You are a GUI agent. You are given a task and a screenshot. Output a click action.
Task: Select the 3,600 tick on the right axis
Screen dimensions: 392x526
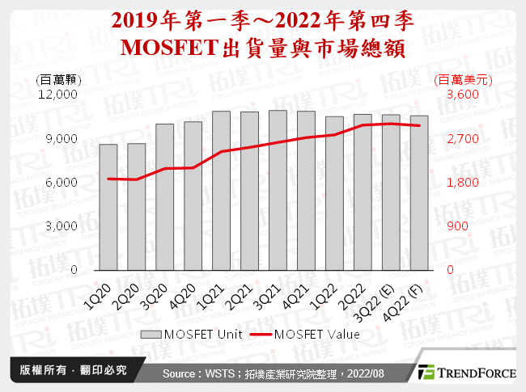tap(451, 95)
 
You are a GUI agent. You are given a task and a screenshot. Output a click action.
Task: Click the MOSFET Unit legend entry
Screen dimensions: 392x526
tap(195, 333)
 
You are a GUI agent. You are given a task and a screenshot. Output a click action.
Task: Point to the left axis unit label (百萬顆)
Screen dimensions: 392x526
tap(58, 79)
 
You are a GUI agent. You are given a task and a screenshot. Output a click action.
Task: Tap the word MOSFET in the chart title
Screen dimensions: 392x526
tap(168, 48)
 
